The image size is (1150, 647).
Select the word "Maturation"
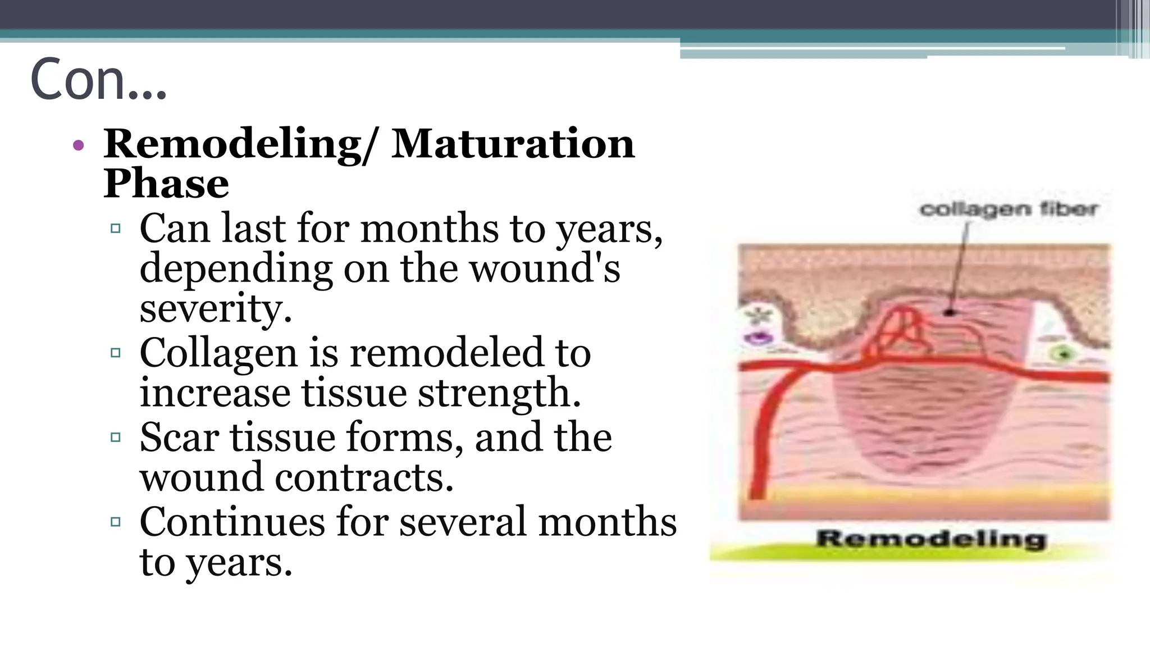point(513,144)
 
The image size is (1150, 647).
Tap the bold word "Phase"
point(166,184)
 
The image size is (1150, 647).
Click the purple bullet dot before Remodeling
point(79,145)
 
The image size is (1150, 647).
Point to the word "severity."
point(216,308)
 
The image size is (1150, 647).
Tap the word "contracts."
point(364,477)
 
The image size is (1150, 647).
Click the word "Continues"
point(232,522)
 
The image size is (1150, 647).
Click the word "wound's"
point(545,268)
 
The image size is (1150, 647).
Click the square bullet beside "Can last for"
point(116,229)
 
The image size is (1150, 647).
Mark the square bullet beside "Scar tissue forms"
point(116,438)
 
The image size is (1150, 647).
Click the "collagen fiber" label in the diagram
point(1008,209)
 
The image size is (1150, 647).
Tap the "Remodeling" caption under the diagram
point(931,539)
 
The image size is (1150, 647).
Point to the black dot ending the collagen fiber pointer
point(950,312)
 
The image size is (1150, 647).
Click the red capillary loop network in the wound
point(898,331)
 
